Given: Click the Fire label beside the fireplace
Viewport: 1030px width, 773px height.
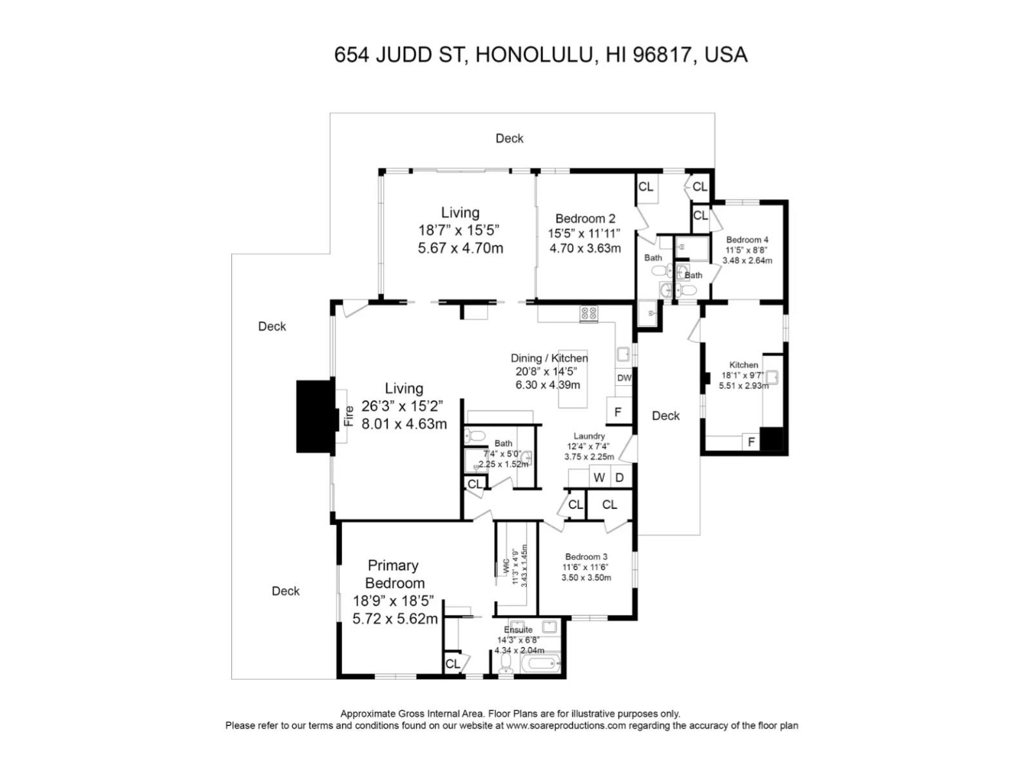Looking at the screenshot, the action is pyautogui.click(x=348, y=416).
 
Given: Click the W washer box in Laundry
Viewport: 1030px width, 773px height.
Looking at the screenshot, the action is pyautogui.click(x=599, y=477).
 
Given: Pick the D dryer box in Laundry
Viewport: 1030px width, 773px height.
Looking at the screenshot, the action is pyautogui.click(x=620, y=477).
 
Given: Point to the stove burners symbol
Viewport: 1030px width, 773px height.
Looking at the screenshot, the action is pyautogui.click(x=589, y=314).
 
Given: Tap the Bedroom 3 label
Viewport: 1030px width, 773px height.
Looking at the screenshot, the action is pyautogui.click(x=586, y=557).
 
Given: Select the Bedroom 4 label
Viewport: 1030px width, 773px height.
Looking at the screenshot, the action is pyautogui.click(x=747, y=240).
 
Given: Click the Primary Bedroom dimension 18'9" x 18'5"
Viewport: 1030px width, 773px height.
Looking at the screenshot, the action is pyautogui.click(x=393, y=601).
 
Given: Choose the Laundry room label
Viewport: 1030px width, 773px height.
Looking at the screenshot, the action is pyautogui.click(x=589, y=435).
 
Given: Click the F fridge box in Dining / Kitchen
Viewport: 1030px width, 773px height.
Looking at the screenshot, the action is pyautogui.click(x=618, y=412).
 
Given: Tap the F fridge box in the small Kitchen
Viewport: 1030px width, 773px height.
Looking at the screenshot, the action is pyautogui.click(x=751, y=441).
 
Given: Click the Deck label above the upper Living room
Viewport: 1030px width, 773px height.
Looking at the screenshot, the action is pyautogui.click(x=510, y=138).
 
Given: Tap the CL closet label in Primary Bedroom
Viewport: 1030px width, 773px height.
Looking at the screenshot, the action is pyautogui.click(x=452, y=663).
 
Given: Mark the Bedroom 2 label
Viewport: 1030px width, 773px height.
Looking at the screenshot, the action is pyautogui.click(x=585, y=218).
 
